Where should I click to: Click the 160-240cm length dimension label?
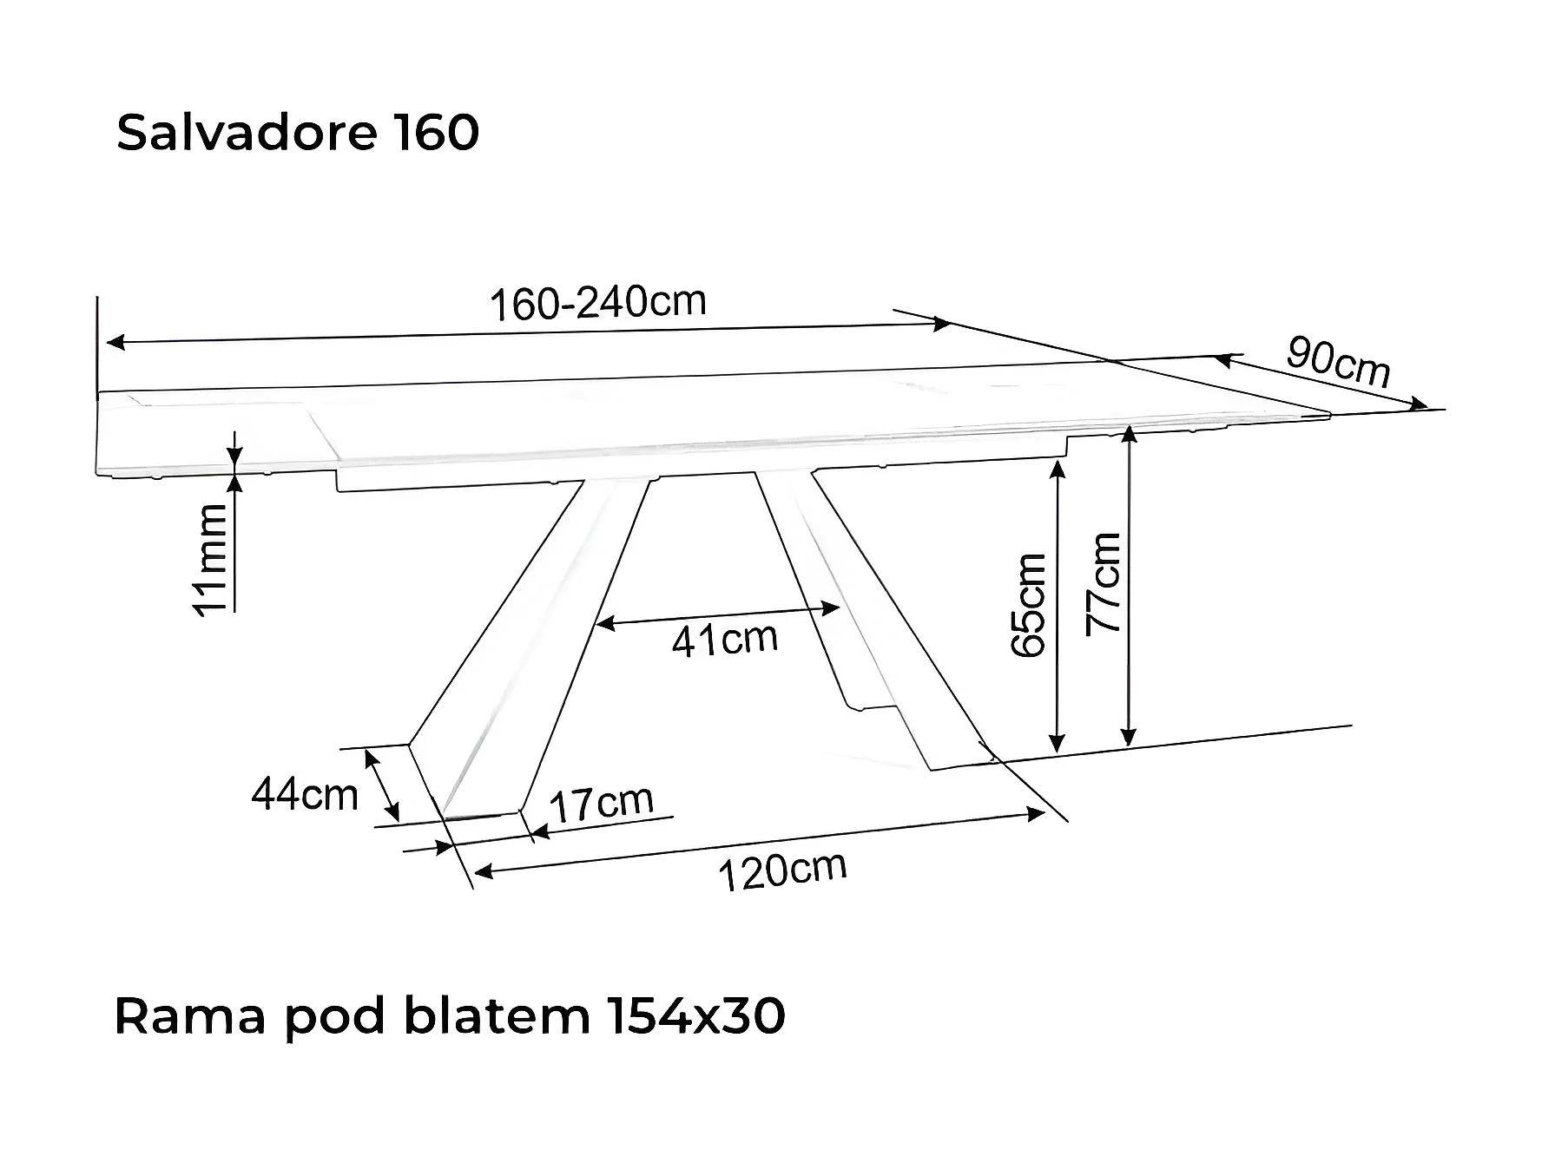click(x=598, y=303)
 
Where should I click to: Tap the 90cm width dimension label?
click(x=1338, y=362)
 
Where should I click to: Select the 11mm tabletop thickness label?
click(x=210, y=560)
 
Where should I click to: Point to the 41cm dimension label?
click(x=725, y=640)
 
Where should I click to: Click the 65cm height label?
click(x=1030, y=605)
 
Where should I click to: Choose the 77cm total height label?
click(x=1104, y=583)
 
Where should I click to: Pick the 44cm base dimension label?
click(x=305, y=794)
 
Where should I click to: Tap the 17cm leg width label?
click(x=602, y=804)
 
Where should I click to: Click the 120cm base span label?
click(x=782, y=870)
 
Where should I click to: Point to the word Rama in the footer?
click(x=189, y=1016)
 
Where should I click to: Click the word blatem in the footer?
click(x=498, y=1016)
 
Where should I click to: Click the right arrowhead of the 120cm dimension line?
click(x=1037, y=813)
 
